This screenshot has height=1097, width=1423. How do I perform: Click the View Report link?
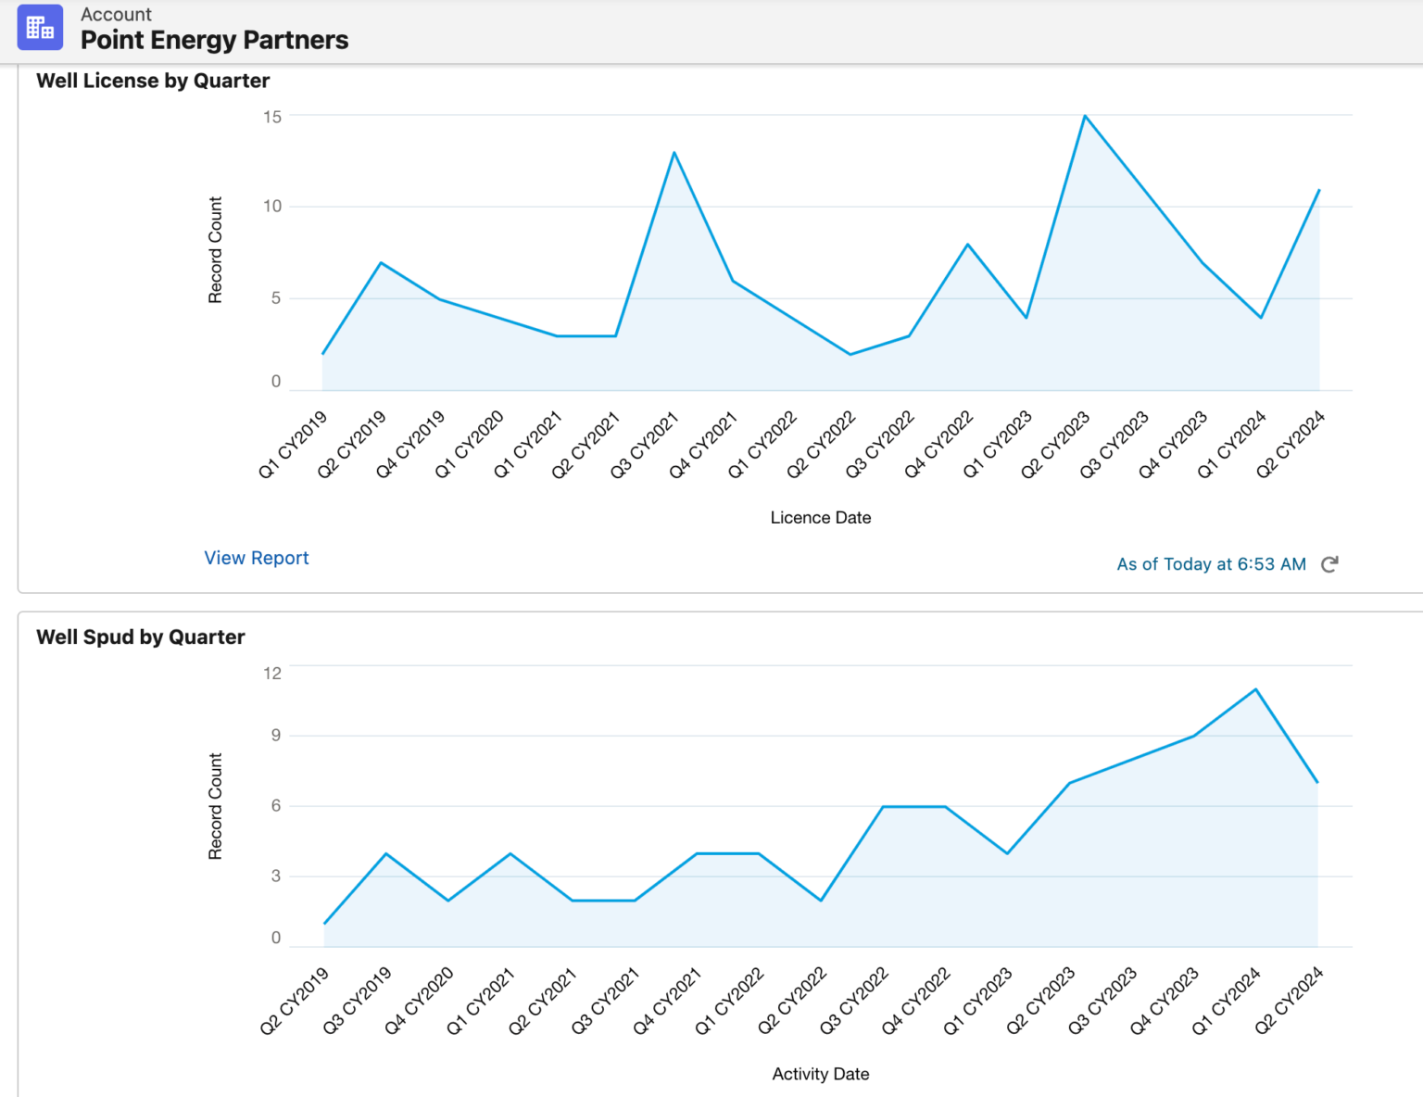pos(257,558)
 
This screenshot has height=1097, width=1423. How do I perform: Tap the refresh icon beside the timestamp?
pos(1329,564)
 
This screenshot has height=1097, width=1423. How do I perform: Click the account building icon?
pos(40,27)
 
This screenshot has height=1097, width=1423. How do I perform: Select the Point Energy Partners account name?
pos(214,40)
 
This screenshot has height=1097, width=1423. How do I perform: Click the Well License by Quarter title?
pos(153,81)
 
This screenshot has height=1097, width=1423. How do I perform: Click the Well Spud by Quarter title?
pos(141,637)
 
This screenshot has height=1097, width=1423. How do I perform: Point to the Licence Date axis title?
pos(821,518)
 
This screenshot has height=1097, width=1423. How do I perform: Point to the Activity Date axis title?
pos(821,1074)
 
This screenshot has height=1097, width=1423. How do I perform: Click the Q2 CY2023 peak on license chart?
pos(1085,116)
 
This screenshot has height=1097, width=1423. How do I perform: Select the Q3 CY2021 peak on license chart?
pos(674,153)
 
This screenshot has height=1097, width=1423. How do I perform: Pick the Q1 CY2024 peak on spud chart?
pos(1255,689)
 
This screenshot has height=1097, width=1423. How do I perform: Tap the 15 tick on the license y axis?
pos(272,117)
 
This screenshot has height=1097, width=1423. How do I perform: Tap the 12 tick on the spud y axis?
pos(272,674)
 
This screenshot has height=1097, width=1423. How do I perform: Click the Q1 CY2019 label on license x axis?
pos(294,445)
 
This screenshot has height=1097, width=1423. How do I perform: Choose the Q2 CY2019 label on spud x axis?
pos(296,1001)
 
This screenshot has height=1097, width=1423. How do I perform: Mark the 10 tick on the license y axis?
pos(272,207)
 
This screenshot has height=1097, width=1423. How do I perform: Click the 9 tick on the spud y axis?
pos(275,736)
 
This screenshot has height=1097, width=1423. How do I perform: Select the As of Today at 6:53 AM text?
pos(1211,564)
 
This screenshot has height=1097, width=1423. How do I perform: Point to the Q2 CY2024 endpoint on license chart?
pos(1318,190)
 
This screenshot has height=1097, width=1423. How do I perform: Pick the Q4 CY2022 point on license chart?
pos(968,245)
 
